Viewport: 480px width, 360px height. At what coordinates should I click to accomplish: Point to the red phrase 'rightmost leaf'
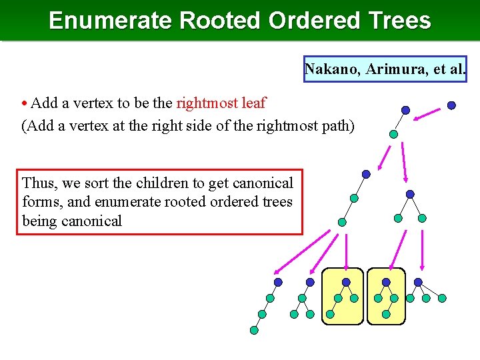click(221, 103)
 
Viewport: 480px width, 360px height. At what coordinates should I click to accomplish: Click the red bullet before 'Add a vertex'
click(25, 104)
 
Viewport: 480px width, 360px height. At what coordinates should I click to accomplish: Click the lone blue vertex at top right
click(451, 105)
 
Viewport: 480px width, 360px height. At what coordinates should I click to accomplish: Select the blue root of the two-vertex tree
click(405, 110)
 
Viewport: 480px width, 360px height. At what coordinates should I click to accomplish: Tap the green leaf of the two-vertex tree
click(393, 134)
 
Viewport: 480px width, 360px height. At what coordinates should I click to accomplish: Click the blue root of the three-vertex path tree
click(366, 175)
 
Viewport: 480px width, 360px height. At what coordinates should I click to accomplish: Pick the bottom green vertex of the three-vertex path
click(342, 223)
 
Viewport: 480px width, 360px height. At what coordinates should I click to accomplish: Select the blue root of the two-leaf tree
click(410, 194)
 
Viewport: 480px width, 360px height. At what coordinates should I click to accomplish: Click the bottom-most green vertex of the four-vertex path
click(254, 330)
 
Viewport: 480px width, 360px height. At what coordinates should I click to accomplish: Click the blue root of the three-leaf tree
click(418, 282)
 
